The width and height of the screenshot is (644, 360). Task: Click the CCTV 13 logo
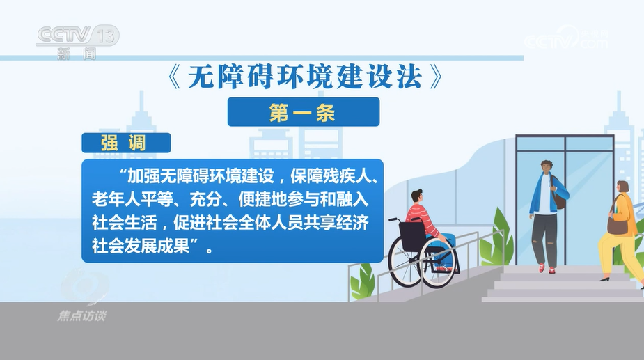78,36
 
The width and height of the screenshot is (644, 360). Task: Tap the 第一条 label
303,112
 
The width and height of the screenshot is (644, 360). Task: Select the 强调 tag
126,143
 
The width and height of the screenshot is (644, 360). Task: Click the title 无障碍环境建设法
305,77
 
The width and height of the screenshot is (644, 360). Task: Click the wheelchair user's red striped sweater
423,222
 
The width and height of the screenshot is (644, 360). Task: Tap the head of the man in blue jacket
547,168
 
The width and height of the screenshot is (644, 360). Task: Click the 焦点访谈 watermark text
81,315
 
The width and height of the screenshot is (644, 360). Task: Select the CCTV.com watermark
565,38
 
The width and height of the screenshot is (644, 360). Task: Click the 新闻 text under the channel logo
77,54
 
